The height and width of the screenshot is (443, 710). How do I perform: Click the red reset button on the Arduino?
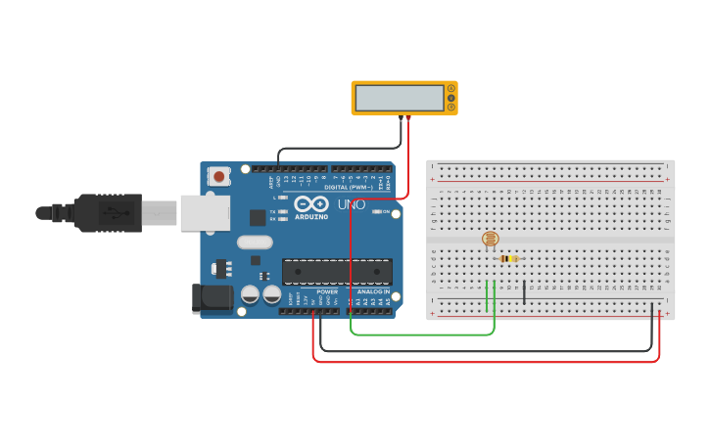(x=219, y=177)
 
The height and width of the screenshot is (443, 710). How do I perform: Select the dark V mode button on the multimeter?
(x=451, y=98)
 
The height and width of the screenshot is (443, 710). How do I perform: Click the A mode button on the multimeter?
(x=451, y=89)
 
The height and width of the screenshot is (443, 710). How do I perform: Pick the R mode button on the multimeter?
(x=451, y=107)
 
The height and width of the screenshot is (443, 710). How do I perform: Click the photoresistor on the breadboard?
(x=491, y=238)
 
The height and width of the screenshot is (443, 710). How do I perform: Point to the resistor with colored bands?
(x=507, y=259)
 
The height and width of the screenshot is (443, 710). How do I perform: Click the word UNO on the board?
(x=352, y=205)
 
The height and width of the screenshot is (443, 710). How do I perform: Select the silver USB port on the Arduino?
(x=204, y=213)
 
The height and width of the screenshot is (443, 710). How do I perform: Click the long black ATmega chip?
(x=337, y=273)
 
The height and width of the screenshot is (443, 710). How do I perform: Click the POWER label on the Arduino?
(x=327, y=291)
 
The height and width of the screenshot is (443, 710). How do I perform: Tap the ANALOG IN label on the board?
(x=372, y=291)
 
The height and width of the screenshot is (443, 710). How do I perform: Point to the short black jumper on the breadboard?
(x=525, y=291)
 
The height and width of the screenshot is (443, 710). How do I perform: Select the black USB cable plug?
(x=108, y=212)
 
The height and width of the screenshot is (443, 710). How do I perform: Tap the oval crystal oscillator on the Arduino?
(x=254, y=242)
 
